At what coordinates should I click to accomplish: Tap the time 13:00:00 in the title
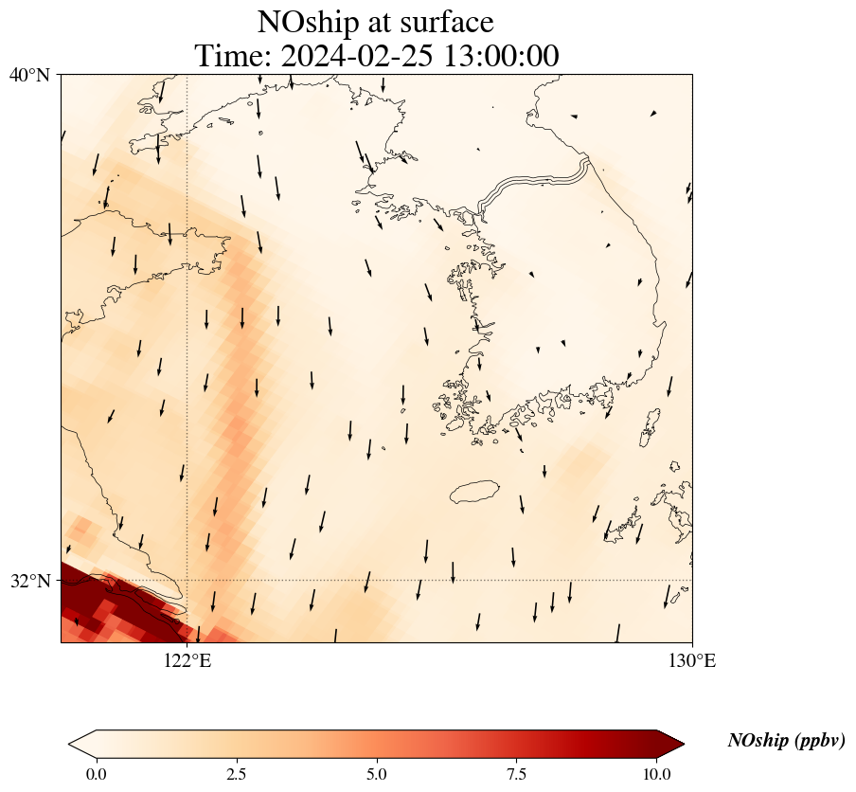[x=502, y=56]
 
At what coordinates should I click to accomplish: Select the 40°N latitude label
[x=29, y=74]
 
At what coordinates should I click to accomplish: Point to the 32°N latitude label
[x=29, y=581]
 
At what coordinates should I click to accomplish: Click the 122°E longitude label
[x=187, y=660]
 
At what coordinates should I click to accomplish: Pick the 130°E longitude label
[x=692, y=660]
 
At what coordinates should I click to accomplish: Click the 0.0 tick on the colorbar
[x=96, y=774]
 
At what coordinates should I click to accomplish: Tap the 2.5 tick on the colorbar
[x=237, y=774]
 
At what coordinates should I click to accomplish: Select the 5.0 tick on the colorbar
[x=377, y=774]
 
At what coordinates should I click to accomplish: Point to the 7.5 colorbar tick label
[x=517, y=774]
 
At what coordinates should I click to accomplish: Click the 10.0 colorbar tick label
[x=657, y=774]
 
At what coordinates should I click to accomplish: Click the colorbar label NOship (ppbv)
[x=786, y=741]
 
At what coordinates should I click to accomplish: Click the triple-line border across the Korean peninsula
[x=535, y=183]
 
